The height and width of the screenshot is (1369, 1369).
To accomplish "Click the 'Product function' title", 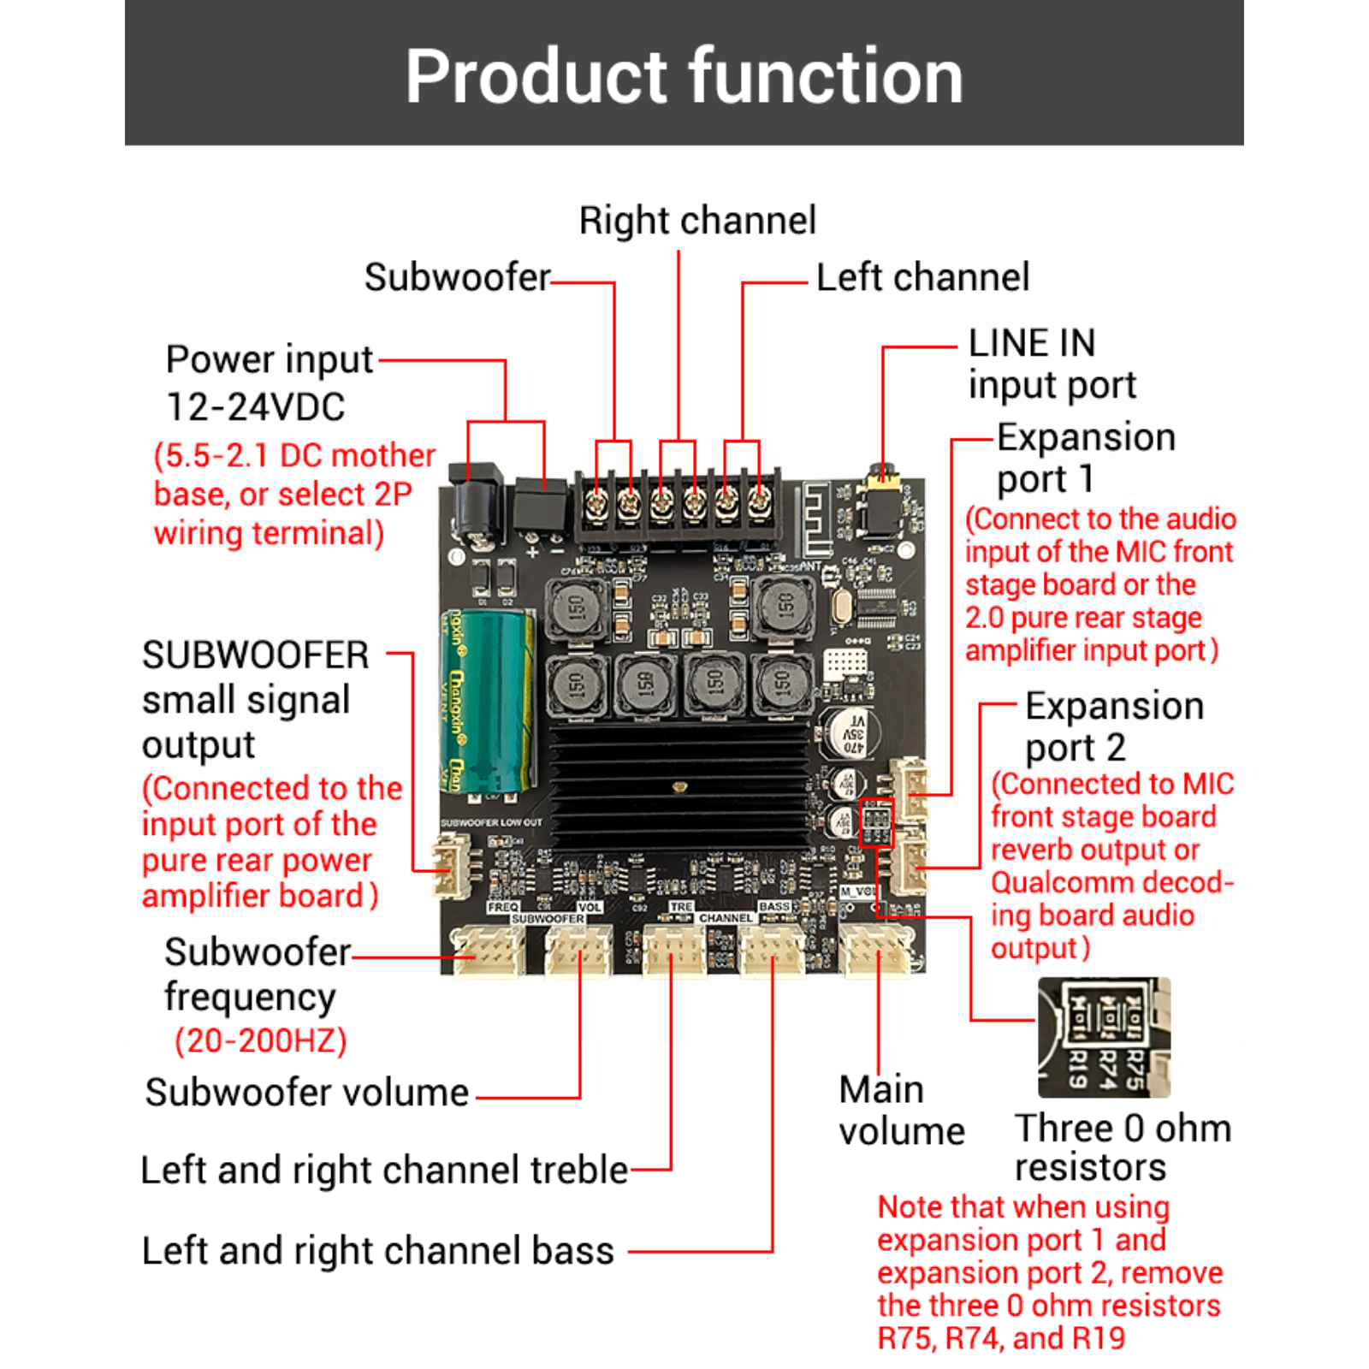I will click(684, 77).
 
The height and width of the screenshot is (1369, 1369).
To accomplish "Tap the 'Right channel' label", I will click(697, 221).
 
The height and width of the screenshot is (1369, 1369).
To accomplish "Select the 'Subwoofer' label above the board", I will click(457, 277).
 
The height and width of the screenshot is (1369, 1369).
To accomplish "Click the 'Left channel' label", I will click(922, 277).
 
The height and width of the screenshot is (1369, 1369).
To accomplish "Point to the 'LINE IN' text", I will click(1031, 344).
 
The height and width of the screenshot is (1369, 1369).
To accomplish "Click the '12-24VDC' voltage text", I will click(255, 407).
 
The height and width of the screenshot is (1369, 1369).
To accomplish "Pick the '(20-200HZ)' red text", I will click(261, 1041).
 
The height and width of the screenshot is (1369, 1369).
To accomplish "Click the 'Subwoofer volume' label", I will click(306, 1093).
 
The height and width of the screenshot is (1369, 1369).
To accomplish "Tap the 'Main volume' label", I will click(901, 1111).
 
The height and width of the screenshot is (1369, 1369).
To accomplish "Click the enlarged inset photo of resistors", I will click(1104, 1038).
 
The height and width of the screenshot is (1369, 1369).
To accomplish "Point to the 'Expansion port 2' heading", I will click(1113, 726).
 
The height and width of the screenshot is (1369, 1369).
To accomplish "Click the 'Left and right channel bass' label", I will click(377, 1251).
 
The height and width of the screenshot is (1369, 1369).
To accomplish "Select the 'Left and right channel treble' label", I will click(384, 1170).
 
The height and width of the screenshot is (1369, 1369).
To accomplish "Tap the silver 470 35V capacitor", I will click(847, 732).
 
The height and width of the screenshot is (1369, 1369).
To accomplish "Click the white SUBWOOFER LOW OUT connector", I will click(451, 866).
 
